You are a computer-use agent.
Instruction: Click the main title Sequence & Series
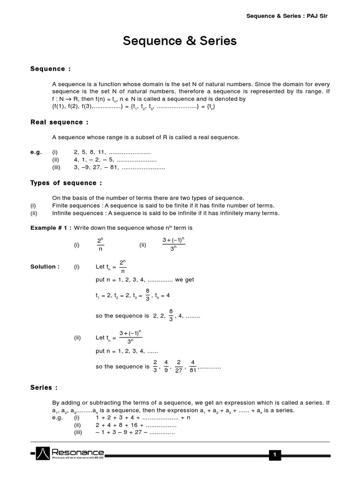click(180, 41)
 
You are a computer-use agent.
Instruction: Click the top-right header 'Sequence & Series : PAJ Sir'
click(291, 16)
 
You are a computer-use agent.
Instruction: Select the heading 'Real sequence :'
click(60, 122)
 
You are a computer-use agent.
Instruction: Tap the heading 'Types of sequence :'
click(66, 183)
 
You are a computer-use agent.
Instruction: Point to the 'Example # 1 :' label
click(51, 228)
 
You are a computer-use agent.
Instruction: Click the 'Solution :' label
click(45, 267)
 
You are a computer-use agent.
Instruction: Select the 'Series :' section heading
click(44, 388)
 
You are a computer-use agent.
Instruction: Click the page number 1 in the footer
click(276, 454)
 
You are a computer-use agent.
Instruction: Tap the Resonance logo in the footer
click(70, 453)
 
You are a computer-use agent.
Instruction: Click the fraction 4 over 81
click(193, 366)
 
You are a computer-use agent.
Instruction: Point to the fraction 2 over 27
click(179, 366)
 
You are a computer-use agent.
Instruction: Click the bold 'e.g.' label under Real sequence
click(37, 152)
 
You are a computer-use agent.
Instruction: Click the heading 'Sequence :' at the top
click(51, 69)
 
